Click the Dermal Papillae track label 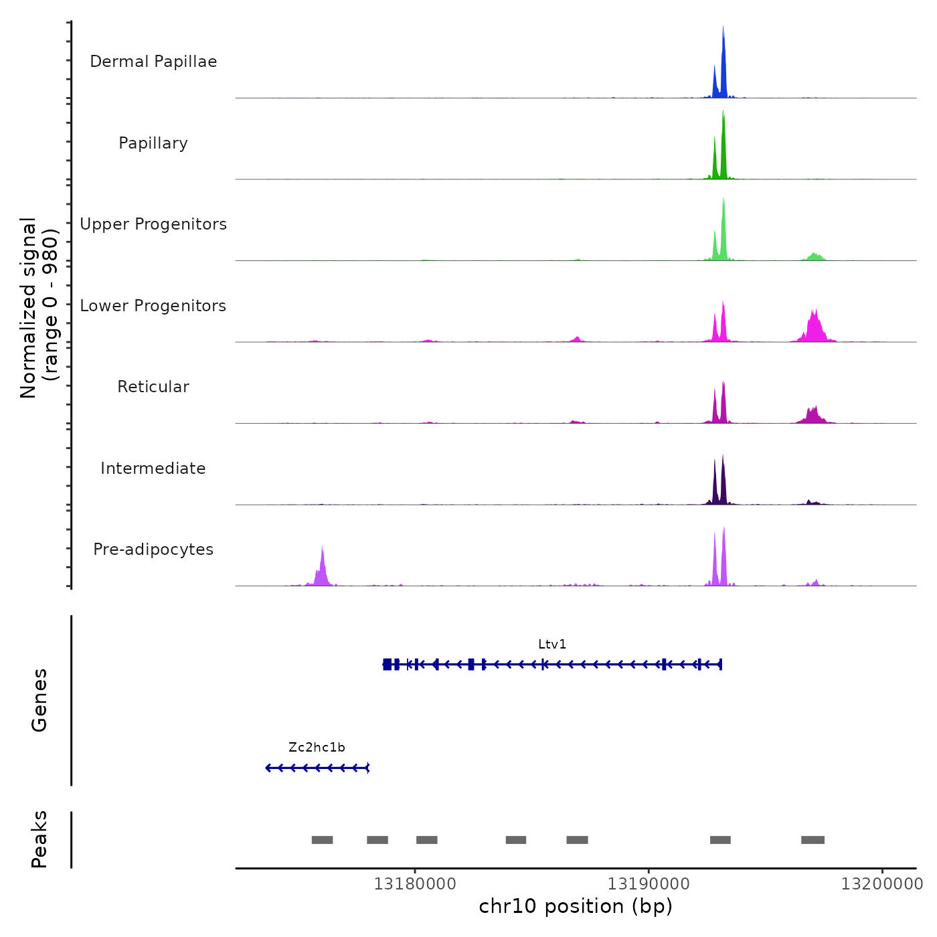pos(153,62)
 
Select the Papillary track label pos(153,143)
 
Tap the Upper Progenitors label pos(153,224)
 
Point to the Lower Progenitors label pos(153,306)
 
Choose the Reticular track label pos(153,387)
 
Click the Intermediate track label pos(153,468)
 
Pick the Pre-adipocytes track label pos(153,549)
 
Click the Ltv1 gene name pos(552,645)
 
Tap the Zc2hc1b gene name pos(317,748)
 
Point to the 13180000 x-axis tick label pos(415,884)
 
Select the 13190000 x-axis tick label pos(649,884)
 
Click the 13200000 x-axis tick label pos(882,884)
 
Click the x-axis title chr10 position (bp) pos(576,906)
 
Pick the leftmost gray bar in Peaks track pos(322,840)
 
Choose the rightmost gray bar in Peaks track pos(813,840)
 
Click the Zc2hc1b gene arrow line pos(317,768)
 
